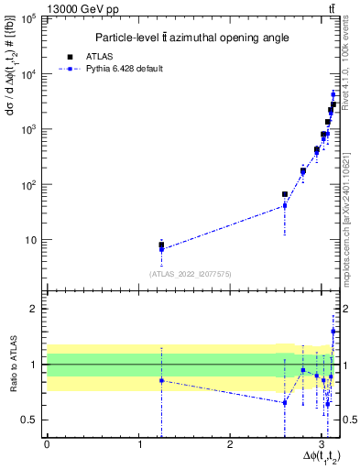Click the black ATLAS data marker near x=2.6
point(285,194)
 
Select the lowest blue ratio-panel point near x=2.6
point(285,402)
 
